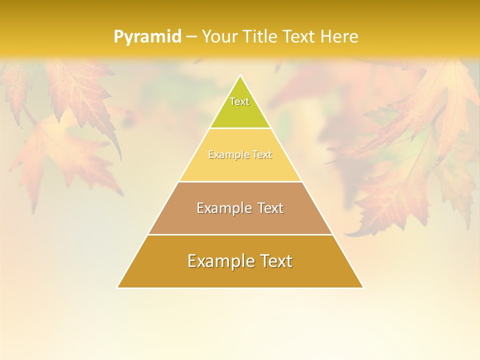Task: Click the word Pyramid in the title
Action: [147, 37]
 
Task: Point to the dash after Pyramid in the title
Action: [191, 37]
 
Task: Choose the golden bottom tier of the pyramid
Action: [240, 275]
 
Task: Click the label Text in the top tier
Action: [239, 101]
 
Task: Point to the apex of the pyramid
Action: [240, 76]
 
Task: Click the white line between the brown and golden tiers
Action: [240, 234]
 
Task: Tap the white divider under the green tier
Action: [240, 128]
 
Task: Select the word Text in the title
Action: [300, 37]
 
